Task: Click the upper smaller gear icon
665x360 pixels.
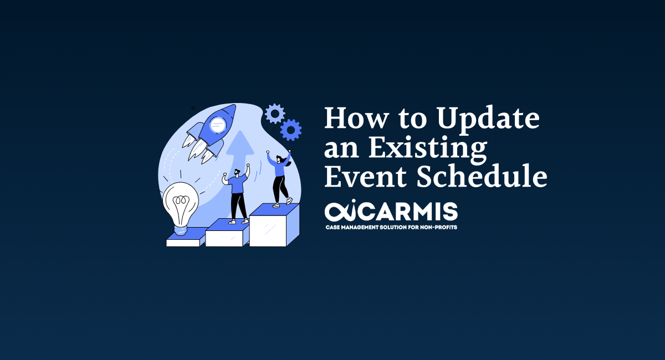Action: pos(274,114)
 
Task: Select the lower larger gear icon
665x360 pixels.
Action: pos(290,130)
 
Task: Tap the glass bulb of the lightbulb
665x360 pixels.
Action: pos(181,202)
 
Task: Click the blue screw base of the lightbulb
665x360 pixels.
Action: pos(181,228)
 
